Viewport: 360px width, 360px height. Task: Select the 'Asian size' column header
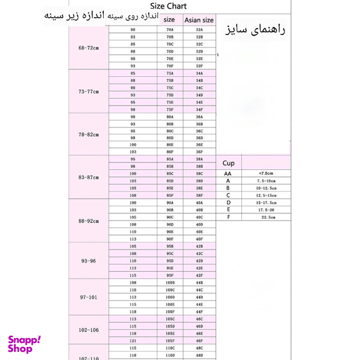click(199, 19)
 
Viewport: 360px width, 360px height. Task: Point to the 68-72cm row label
click(89, 48)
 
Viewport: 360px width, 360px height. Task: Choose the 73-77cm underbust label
click(89, 91)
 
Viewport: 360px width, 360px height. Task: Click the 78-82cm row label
click(89, 134)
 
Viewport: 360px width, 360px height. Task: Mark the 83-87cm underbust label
click(89, 177)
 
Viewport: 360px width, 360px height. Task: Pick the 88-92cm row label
click(89, 221)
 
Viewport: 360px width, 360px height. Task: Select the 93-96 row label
click(89, 261)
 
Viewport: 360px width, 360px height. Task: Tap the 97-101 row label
click(89, 297)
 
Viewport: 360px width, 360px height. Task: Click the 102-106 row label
click(89, 329)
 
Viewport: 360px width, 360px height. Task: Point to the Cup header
click(229, 161)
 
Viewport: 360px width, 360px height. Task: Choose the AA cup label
click(228, 173)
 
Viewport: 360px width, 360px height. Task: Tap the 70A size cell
click(170, 30)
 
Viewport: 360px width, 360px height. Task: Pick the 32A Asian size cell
click(199, 30)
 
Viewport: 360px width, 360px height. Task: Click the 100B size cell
click(170, 282)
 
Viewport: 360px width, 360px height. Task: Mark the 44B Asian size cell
click(199, 282)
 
